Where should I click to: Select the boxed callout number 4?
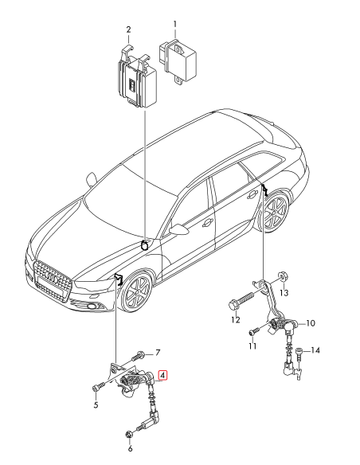pos(162,375)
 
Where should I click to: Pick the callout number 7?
pos(157,352)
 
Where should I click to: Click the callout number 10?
pos(311,323)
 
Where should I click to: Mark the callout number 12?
pos(235,321)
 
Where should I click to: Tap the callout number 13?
pos(284,293)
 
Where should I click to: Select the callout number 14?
pos(315,350)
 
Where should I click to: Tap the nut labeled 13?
pos(283,277)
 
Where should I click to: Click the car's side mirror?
pos(182,229)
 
